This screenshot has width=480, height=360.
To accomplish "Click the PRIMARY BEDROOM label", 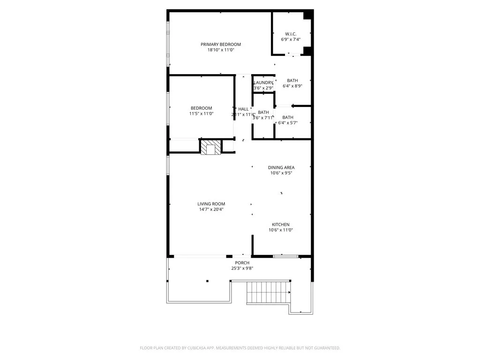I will coord(221,45).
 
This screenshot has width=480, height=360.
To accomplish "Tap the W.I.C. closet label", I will coord(290,34).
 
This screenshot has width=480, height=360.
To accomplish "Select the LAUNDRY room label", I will coord(263,82).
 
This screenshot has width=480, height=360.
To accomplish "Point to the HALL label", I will coord(243,109).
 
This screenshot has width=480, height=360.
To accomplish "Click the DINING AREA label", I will coord(281,167).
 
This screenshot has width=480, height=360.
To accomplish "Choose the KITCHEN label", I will coord(279,225).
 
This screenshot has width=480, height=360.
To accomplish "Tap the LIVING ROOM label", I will coord(211,204).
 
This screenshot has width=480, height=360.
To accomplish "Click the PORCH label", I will coord(242,263).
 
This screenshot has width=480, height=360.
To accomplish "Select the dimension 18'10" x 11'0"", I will coord(221,50).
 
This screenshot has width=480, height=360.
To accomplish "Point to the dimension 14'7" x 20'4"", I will coord(211,210).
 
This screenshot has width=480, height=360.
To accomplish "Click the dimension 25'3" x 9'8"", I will coord(242,269).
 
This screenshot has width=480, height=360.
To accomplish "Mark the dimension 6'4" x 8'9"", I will coord(292,86).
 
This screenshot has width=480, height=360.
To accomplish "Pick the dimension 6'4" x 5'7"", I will coord(288,123).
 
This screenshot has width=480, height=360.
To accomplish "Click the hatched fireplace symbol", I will coord(210,147).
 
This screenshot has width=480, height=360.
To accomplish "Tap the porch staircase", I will coord(269,292).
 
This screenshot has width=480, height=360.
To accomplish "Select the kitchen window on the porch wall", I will coord(285,256).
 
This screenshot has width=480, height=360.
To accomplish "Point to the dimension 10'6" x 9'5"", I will coord(281,173).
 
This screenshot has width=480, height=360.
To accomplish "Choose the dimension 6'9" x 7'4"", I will coord(290,39).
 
